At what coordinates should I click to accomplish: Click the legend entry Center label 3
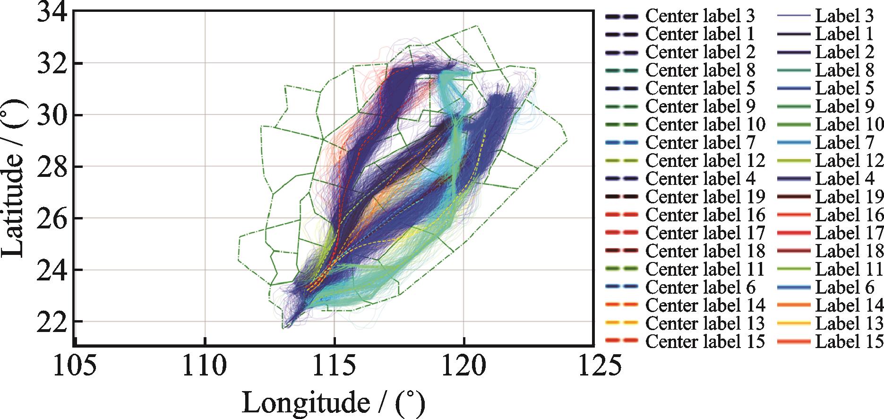[700, 16]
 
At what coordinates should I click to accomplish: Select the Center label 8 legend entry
[700, 70]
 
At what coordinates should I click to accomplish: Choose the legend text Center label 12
[705, 161]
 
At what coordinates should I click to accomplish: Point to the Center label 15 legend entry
[705, 341]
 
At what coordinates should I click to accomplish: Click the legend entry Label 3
[844, 16]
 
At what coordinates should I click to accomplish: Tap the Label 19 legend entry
[849, 197]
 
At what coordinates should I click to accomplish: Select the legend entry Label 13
[849, 323]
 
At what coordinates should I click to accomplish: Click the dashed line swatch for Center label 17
[622, 233]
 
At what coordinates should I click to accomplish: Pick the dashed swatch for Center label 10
[622, 125]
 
